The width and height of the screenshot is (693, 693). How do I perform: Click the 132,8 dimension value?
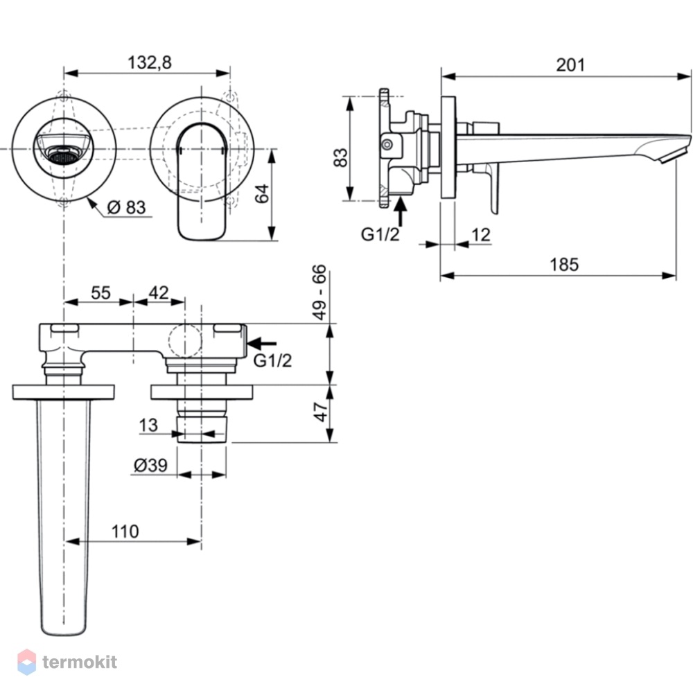(x=150, y=63)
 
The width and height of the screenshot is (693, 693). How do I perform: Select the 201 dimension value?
(x=570, y=65)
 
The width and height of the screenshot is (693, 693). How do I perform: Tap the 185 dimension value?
(x=564, y=265)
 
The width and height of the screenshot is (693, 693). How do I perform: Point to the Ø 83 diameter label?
(x=126, y=207)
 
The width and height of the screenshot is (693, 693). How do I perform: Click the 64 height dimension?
(x=263, y=193)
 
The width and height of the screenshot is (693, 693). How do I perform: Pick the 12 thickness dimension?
(x=481, y=235)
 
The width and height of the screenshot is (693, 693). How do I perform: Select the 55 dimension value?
(x=100, y=292)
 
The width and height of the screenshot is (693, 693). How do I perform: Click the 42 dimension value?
(x=159, y=292)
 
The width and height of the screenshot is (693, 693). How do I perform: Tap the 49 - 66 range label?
(x=319, y=292)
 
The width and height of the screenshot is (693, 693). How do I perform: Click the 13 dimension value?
(x=148, y=426)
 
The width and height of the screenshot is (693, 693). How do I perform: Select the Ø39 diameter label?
(x=150, y=465)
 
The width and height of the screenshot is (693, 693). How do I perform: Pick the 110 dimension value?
(x=125, y=532)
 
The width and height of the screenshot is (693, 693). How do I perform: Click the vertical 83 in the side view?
(x=341, y=157)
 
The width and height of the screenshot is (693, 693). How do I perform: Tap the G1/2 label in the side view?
(x=380, y=234)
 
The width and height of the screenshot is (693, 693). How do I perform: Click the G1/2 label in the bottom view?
(x=272, y=360)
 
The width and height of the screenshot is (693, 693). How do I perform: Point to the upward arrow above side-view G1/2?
(x=401, y=212)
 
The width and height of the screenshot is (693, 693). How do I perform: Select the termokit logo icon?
(x=26, y=662)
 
